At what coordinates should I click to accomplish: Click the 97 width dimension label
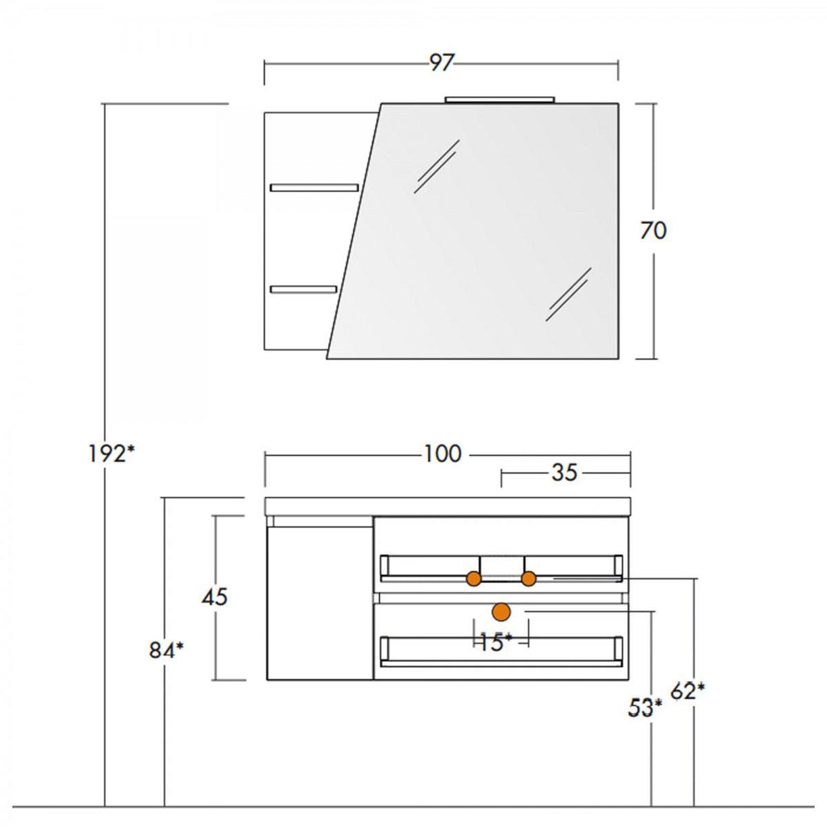[x=440, y=62]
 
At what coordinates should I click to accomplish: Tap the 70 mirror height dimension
[x=653, y=230]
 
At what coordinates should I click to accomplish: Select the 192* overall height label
[x=111, y=454]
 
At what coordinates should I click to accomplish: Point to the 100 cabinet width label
[x=443, y=454]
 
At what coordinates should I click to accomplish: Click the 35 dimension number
[x=565, y=472]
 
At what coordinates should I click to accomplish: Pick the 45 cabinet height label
[x=215, y=597]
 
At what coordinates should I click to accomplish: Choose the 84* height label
[x=166, y=650]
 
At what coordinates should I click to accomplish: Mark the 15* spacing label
[x=495, y=642]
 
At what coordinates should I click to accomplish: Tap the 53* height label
[x=645, y=707]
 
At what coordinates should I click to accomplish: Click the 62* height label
[x=687, y=691]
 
